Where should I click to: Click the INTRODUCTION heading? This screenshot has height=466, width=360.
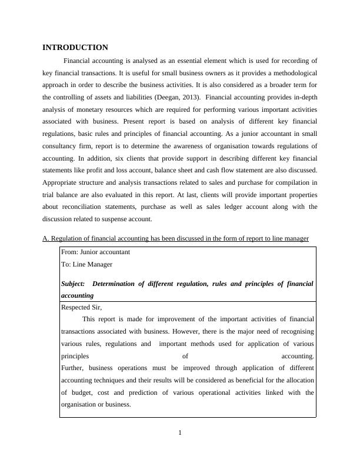[x=75, y=48]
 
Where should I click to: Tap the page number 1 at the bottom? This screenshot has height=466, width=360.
[x=180, y=434]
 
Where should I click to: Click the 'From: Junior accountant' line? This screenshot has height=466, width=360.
[x=95, y=252]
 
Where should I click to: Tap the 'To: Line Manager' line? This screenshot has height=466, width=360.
[x=86, y=265]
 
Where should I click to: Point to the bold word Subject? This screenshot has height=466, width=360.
[x=73, y=284]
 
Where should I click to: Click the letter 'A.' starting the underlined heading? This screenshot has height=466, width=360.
[x=46, y=238]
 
